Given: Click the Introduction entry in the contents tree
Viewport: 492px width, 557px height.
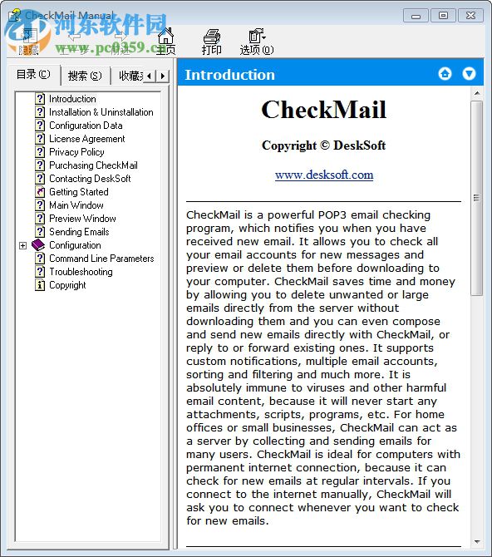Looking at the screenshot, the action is pos(72,99).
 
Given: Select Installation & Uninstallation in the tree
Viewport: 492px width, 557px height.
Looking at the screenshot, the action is pos(101,112).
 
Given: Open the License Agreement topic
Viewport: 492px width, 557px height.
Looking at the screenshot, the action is pos(86,139).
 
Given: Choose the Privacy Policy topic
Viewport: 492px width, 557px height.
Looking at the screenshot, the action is pos(76,152).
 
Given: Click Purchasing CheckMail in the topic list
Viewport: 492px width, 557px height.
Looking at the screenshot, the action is pos(93,165).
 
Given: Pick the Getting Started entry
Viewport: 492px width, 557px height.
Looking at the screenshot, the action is pos(78,192).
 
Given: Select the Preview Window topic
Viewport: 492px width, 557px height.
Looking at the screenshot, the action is pos(82,219).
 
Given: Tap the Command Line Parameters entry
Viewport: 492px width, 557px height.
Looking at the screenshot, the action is pos(101,259).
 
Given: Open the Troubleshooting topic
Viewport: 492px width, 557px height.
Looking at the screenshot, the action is pos(81,272).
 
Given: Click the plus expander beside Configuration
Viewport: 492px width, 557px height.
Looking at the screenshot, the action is pos(22,245).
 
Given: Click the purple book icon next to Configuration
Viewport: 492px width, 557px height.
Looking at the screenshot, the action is pos(38,245).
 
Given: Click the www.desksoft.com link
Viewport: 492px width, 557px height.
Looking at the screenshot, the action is pos(324,175).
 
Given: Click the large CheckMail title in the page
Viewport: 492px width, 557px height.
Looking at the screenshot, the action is pos(324,110).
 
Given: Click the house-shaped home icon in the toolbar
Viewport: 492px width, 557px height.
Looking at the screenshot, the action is pos(166,37).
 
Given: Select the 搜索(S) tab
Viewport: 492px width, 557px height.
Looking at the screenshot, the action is pos(85,76).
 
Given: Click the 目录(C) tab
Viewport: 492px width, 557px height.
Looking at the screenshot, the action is pos(33,75).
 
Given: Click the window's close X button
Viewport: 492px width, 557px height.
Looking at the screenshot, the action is pos(470,15).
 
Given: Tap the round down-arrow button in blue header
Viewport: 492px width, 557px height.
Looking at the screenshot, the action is pos(470,74).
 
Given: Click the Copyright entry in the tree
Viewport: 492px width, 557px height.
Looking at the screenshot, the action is pos(67,285).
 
